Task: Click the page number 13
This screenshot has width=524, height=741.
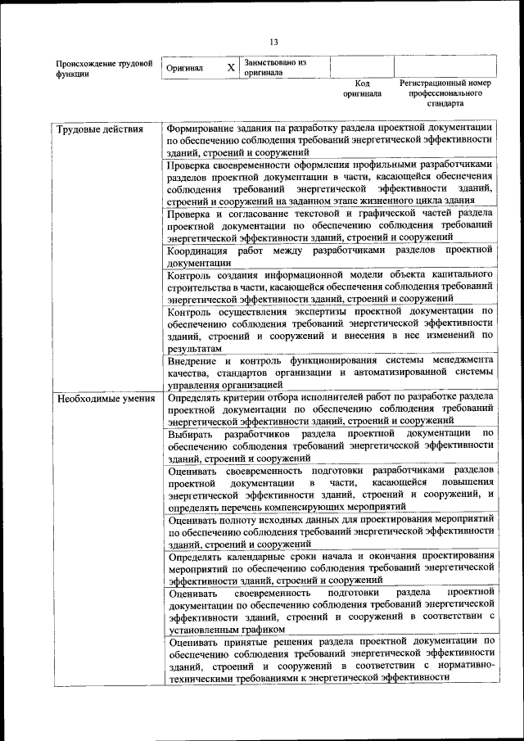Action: (x=273, y=42)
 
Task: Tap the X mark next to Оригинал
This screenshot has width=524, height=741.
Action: (x=231, y=67)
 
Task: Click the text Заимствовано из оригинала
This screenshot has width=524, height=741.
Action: (x=274, y=66)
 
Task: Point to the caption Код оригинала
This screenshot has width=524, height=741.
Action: (x=362, y=88)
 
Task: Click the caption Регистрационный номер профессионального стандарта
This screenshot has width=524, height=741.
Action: (x=445, y=93)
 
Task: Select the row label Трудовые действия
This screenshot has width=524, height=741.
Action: (x=99, y=129)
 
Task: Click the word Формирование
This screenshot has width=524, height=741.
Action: (x=201, y=129)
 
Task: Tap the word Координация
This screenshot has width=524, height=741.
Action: (x=200, y=250)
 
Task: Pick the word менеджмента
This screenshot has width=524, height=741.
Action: (x=456, y=360)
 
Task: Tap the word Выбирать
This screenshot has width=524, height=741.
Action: (x=191, y=434)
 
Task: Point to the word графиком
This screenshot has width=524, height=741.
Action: (x=263, y=630)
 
